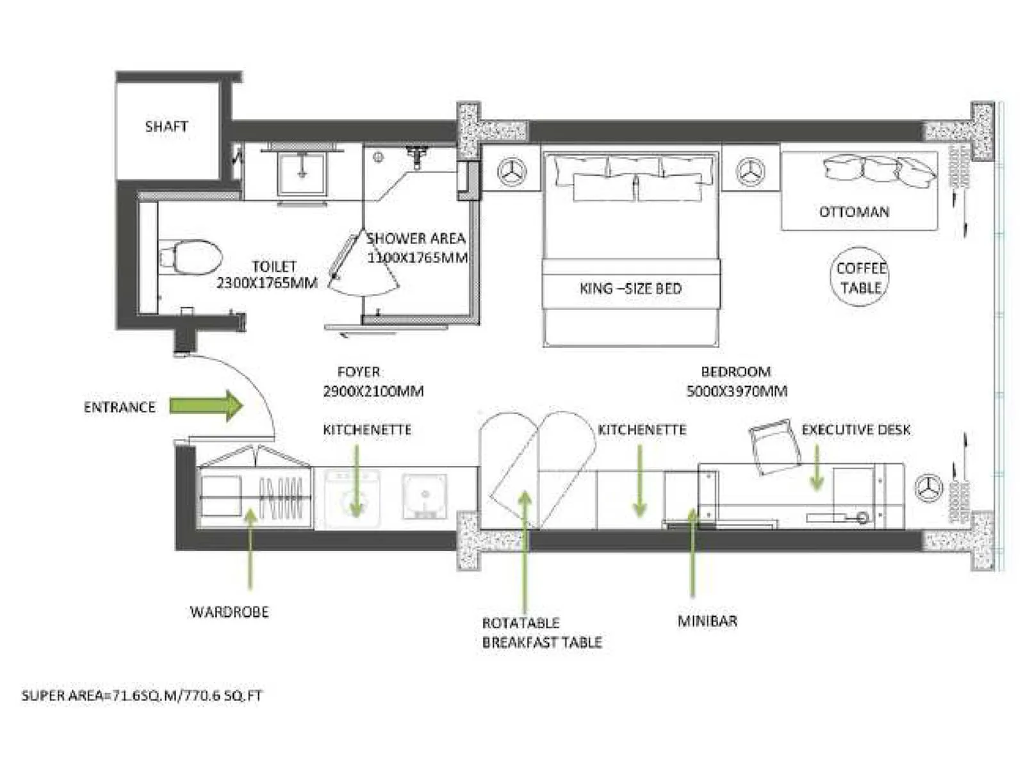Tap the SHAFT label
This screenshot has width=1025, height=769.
166,126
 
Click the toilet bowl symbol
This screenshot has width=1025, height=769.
191,257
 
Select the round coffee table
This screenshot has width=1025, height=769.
861,277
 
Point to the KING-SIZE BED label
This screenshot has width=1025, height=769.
630,288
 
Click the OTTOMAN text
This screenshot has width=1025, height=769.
854,211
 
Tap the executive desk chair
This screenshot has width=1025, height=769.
775,447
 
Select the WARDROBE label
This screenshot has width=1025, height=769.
229,612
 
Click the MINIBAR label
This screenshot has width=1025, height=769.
707,621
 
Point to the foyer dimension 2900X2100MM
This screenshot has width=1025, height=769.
373,391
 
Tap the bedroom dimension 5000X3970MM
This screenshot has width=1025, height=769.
737,391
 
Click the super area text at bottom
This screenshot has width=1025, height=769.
142,695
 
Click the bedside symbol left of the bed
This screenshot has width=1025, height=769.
512,172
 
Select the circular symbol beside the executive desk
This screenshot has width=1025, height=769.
928,488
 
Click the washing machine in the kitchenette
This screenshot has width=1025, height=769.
352,495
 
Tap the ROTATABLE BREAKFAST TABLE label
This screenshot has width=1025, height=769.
541,632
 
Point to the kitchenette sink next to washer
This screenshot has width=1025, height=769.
424,495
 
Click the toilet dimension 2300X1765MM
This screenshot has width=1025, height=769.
266,283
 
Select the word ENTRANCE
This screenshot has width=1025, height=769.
120,407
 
